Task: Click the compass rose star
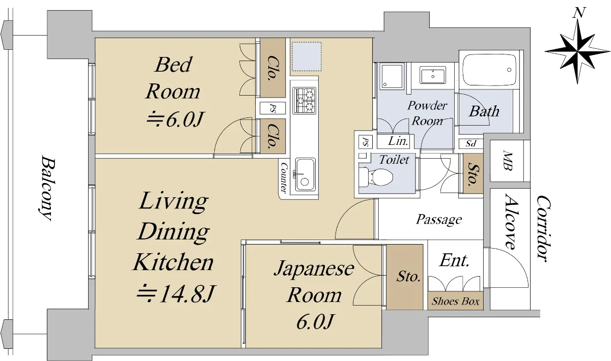click(577, 51)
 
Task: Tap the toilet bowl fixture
click(376, 176)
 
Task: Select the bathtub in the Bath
click(489, 70)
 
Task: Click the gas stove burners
click(304, 100)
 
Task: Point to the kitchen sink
click(305, 174)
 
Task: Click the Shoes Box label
click(455, 301)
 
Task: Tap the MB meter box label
click(507, 161)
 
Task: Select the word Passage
click(438, 219)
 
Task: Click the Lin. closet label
click(398, 141)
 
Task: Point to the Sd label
click(471, 143)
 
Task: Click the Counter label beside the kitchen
click(284, 177)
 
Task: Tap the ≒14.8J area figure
click(176, 294)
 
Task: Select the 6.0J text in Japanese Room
click(314, 321)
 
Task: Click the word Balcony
click(47, 188)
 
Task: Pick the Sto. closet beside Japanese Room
click(405, 277)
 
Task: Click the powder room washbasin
click(433, 75)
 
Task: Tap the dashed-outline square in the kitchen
click(307, 56)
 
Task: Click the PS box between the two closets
click(272, 108)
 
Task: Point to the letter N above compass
click(579, 13)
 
